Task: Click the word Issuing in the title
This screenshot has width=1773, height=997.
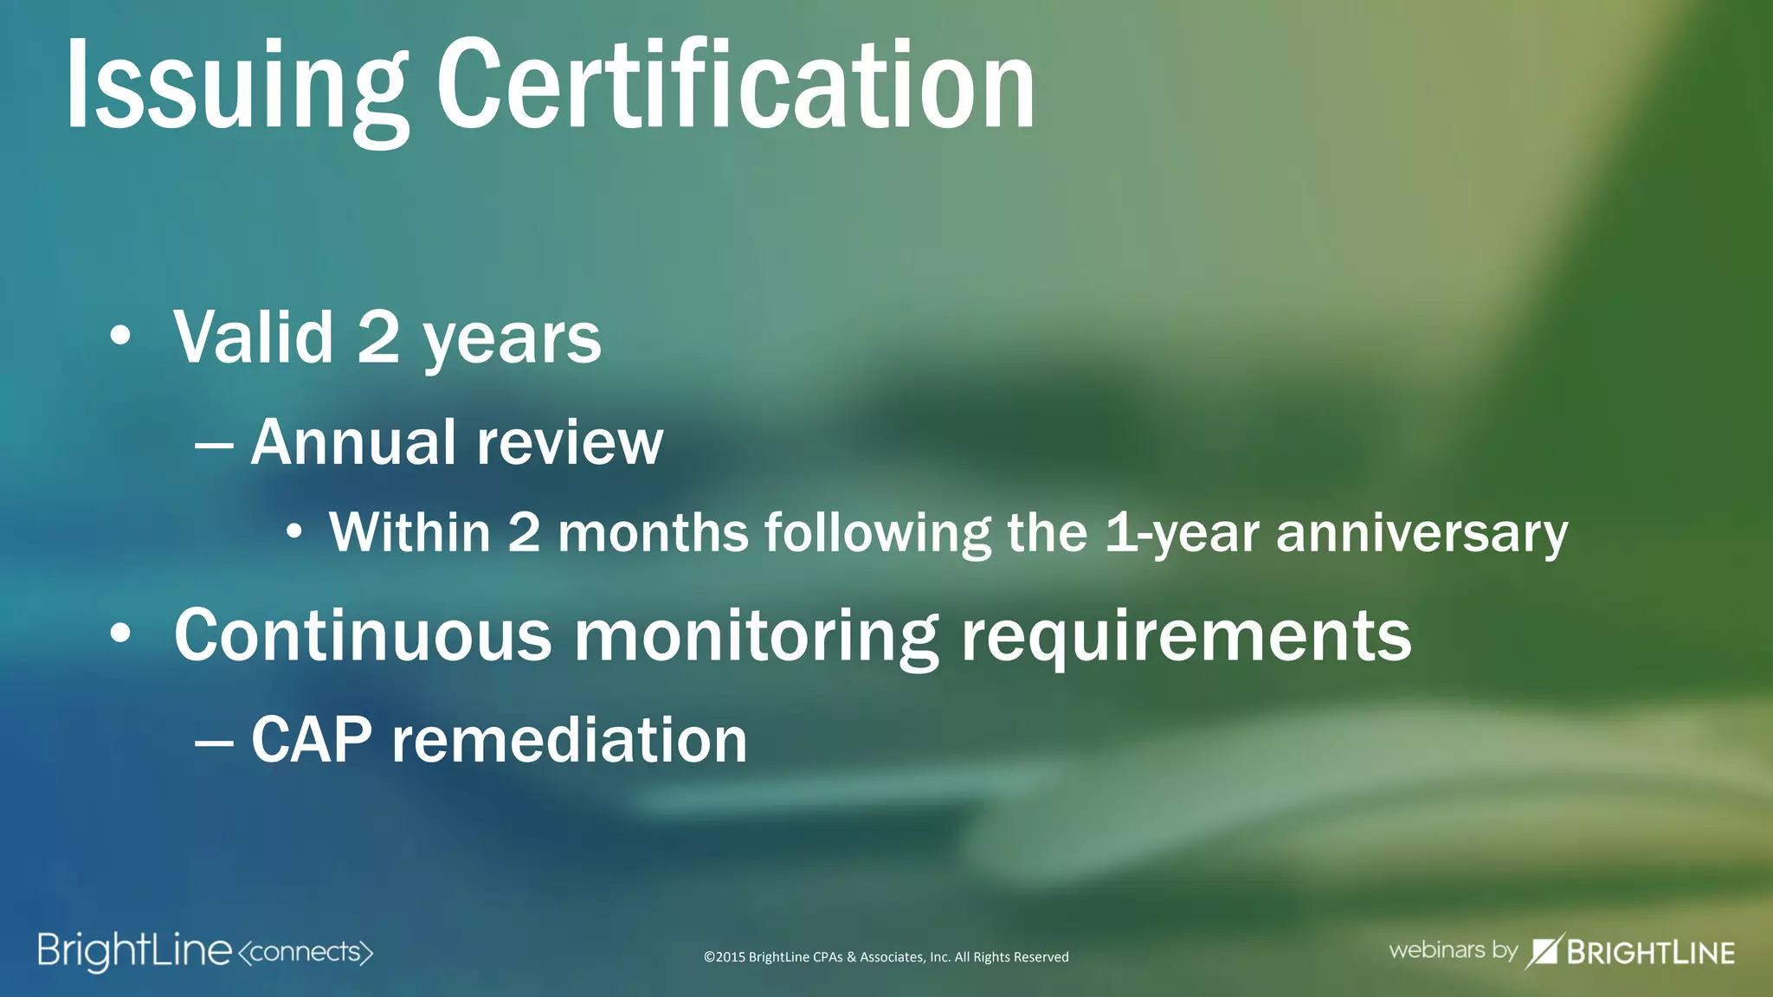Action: tap(235, 87)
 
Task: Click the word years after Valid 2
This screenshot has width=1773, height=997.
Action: tap(512, 339)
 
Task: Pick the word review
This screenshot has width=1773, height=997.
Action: tap(570, 443)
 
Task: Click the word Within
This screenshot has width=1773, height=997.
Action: tap(410, 531)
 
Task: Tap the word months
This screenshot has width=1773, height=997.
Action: tap(653, 531)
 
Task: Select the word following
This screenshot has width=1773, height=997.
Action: tap(877, 533)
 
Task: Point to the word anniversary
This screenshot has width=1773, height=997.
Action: tap(1422, 533)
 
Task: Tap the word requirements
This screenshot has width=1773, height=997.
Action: tap(1186, 637)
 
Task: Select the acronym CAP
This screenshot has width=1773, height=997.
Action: tap(312, 740)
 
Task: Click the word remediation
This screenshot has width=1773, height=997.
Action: tap(570, 740)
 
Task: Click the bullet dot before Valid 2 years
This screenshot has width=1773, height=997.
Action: tap(120, 336)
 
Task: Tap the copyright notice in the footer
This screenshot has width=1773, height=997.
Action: tap(886, 956)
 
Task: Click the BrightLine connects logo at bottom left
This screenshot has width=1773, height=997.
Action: tap(205, 951)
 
